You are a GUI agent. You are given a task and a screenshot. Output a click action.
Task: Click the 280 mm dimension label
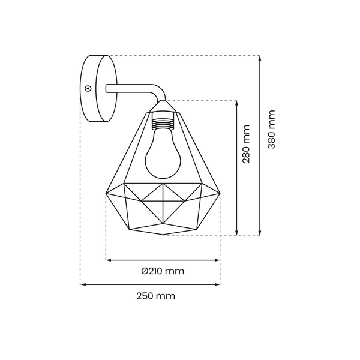point(246,144)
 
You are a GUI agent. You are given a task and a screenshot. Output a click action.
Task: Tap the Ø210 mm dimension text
point(163,271)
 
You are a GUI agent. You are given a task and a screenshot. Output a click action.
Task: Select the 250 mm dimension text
point(155,296)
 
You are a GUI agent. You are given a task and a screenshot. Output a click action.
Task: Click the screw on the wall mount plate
point(88,89)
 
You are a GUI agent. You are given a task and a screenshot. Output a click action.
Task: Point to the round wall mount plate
point(97,89)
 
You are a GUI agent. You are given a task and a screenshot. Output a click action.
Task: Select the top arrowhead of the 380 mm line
point(259,58)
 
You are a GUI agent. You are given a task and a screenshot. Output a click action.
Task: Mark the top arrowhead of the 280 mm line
point(237,103)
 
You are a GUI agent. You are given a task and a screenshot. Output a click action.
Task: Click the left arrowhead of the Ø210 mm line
point(109,260)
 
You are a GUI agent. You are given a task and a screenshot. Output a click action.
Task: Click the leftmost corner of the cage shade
point(106,193)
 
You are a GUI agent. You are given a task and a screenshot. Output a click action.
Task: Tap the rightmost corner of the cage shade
point(220,193)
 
